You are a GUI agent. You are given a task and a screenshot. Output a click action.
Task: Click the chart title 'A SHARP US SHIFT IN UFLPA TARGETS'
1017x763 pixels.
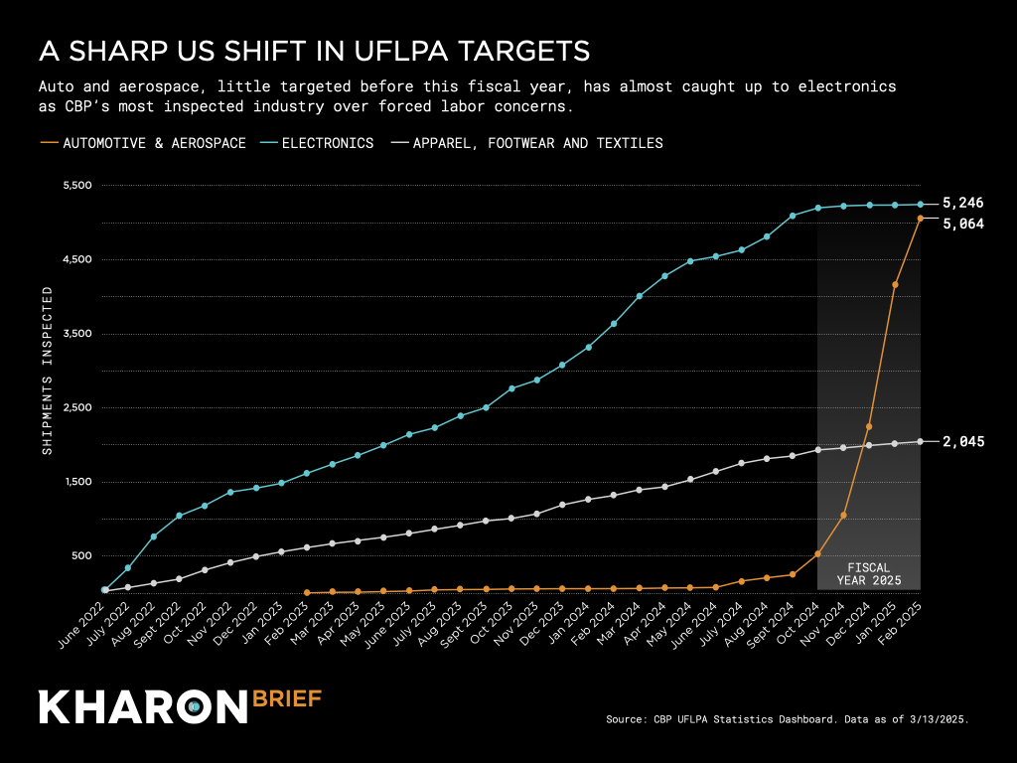(314, 51)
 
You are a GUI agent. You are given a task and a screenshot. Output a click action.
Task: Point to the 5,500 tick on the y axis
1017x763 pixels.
(76, 186)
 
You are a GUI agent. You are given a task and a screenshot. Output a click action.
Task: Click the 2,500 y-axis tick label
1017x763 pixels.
(76, 408)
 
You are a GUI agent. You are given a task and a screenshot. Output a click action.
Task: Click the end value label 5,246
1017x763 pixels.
(962, 204)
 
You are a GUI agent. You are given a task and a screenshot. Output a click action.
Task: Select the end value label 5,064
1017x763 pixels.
(962, 225)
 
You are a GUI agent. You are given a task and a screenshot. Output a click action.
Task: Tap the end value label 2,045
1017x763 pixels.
(962, 442)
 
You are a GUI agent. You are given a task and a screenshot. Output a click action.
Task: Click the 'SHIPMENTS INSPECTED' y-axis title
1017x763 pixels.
(46, 371)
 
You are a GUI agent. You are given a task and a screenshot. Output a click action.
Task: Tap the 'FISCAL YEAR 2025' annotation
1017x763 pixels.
(869, 573)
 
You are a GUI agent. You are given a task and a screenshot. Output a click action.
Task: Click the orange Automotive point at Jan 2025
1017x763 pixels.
(895, 284)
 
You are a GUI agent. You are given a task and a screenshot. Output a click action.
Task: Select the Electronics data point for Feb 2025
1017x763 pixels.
(921, 205)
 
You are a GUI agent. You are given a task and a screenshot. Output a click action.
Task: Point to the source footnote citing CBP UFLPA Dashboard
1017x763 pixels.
(787, 717)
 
